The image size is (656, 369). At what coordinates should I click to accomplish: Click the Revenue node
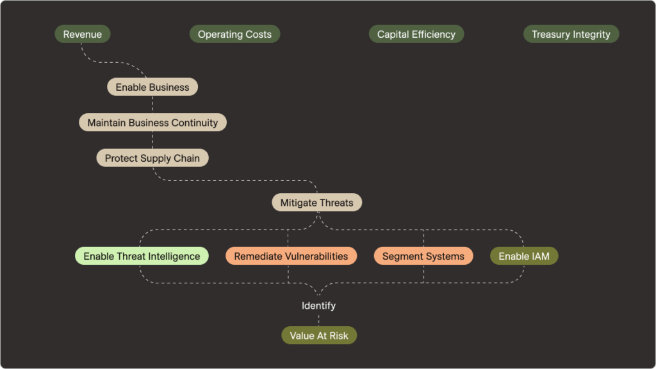(82, 35)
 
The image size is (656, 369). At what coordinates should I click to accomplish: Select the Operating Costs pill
(234, 35)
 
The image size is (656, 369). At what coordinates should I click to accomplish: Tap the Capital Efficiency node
(416, 35)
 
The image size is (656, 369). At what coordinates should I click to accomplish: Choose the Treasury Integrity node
(571, 35)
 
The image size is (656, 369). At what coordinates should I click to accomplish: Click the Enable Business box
(152, 87)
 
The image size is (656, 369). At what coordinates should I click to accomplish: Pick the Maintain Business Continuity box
(152, 122)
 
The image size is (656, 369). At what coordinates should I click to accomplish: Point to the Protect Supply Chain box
(152, 158)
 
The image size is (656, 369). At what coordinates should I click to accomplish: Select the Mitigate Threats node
(316, 203)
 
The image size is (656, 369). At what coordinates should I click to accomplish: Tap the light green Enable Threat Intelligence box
(142, 256)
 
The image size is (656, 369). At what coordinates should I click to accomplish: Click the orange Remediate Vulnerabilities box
(291, 256)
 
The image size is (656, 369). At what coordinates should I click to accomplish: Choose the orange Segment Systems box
(423, 256)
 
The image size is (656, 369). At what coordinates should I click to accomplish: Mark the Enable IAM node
(524, 256)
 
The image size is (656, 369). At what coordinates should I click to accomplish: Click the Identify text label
(318, 306)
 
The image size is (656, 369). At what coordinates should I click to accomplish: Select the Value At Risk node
(319, 336)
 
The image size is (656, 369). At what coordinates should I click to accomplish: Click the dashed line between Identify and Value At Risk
(318, 320)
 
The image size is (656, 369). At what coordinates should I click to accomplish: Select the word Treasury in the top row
(552, 35)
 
